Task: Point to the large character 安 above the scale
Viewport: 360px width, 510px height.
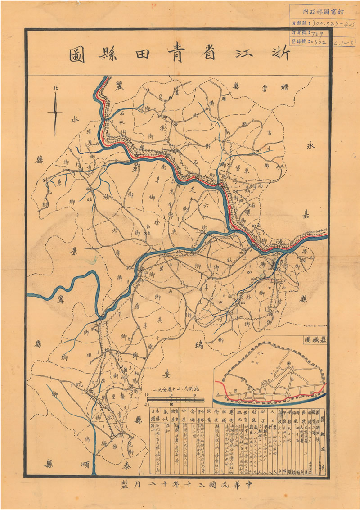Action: click(166, 373)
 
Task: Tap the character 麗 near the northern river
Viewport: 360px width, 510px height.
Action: click(119, 85)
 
